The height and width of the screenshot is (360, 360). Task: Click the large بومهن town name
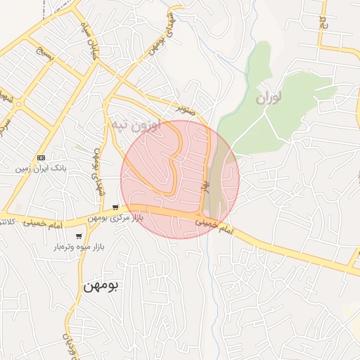pyautogui.click(x=103, y=285)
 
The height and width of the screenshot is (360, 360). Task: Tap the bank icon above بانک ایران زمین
pyautogui.click(x=41, y=157)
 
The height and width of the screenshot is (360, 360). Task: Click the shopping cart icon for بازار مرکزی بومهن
pyautogui.click(x=115, y=207)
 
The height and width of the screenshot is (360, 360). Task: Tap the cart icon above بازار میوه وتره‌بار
pyautogui.click(x=79, y=236)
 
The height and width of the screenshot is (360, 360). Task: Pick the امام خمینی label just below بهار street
pyautogui.click(x=211, y=223)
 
